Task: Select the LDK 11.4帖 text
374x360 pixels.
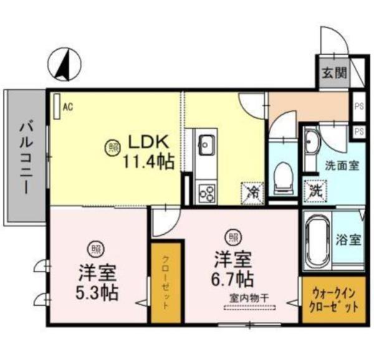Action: click(x=150, y=151)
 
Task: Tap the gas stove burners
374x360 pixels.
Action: click(x=206, y=191)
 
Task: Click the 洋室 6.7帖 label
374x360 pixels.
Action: click(x=231, y=267)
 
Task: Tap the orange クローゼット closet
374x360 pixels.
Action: click(x=165, y=282)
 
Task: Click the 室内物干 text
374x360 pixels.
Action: click(x=247, y=297)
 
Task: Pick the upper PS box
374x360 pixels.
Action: click(x=358, y=105)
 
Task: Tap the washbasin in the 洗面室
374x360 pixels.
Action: click(x=312, y=144)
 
